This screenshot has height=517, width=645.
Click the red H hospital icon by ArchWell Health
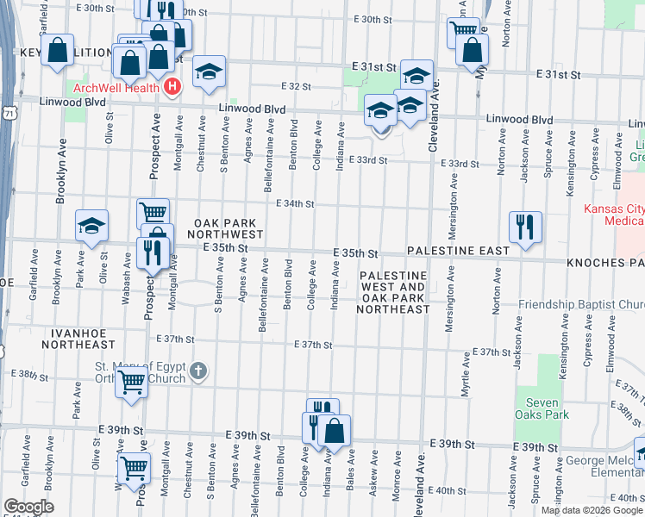pyautogui.click(x=172, y=87)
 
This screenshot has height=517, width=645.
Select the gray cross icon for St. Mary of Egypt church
pyautogui.click(x=198, y=372)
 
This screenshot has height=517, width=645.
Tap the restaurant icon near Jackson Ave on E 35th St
pyautogui.click(x=525, y=227)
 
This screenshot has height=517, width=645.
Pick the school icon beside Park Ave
pyautogui.click(x=91, y=226)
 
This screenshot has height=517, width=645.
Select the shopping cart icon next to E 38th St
pyautogui.click(x=131, y=381)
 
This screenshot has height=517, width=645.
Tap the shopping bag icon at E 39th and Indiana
pyautogui.click(x=335, y=430)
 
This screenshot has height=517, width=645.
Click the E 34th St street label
pyautogui.click(x=295, y=204)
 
